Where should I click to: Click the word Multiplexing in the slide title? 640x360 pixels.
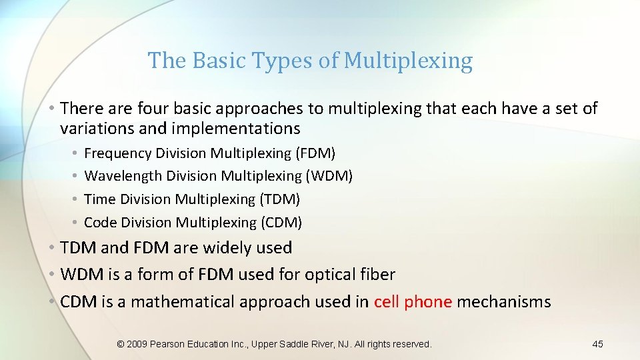click(408, 61)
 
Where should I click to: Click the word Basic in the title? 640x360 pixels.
click(219, 61)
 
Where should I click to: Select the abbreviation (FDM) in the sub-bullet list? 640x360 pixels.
click(315, 153)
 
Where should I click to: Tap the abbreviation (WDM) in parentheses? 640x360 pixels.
click(330, 176)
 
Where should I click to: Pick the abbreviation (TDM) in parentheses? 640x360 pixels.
click(279, 199)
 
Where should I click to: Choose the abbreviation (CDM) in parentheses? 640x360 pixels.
click(280, 222)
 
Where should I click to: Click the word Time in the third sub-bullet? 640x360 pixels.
click(99, 199)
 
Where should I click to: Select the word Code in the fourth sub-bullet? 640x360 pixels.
click(100, 222)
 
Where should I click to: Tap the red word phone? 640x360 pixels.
click(428, 302)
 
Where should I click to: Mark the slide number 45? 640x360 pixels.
click(597, 344)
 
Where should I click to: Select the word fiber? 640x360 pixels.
click(378, 275)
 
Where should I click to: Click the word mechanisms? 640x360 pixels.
click(504, 302)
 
